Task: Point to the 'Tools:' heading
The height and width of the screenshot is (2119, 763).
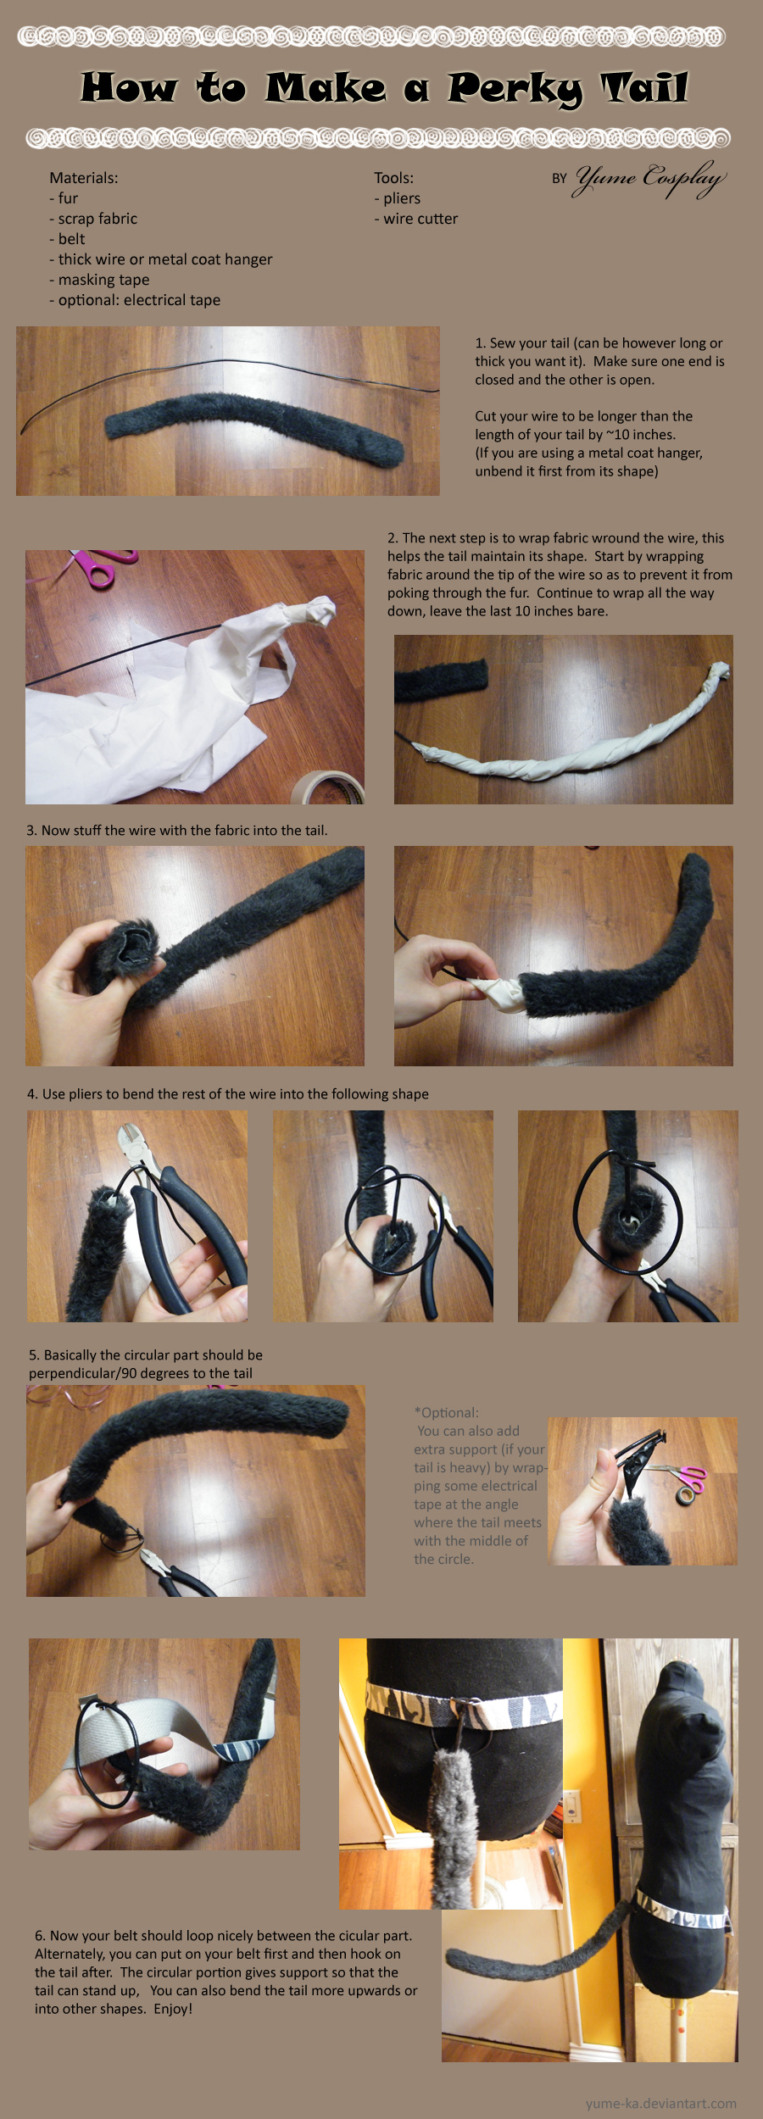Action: coord(393,178)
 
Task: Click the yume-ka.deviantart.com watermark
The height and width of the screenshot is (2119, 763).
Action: coord(660,2103)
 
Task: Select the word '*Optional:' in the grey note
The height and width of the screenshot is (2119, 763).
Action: coord(446,1413)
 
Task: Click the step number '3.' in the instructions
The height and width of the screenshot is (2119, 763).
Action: coord(32,831)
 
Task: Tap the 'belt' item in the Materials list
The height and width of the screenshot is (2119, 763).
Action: coord(71,239)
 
